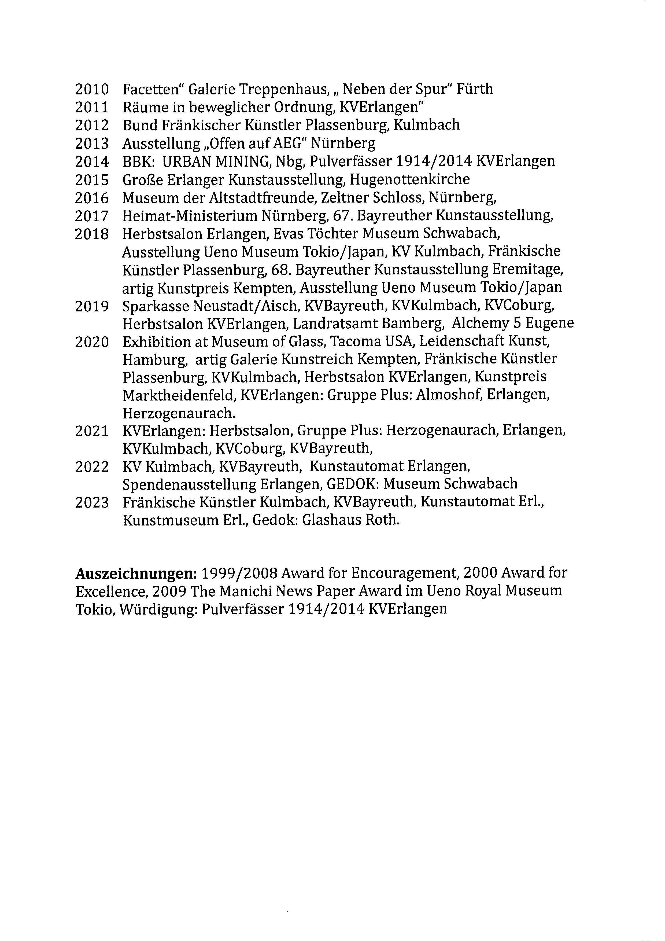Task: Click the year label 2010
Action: pos(92,89)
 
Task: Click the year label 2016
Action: pos(92,198)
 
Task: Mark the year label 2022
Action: pos(92,467)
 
